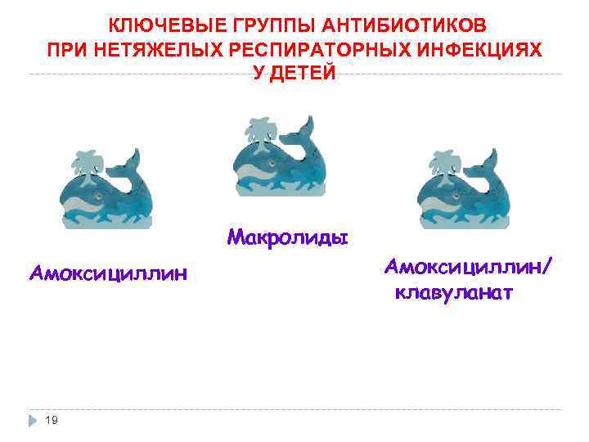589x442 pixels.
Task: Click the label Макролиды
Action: (x=288, y=237)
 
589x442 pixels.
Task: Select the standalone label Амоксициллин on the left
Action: (x=108, y=272)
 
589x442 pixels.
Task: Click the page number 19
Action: (x=52, y=420)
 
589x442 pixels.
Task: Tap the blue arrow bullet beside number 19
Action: (x=32, y=420)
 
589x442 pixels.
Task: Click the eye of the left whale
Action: (x=97, y=197)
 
